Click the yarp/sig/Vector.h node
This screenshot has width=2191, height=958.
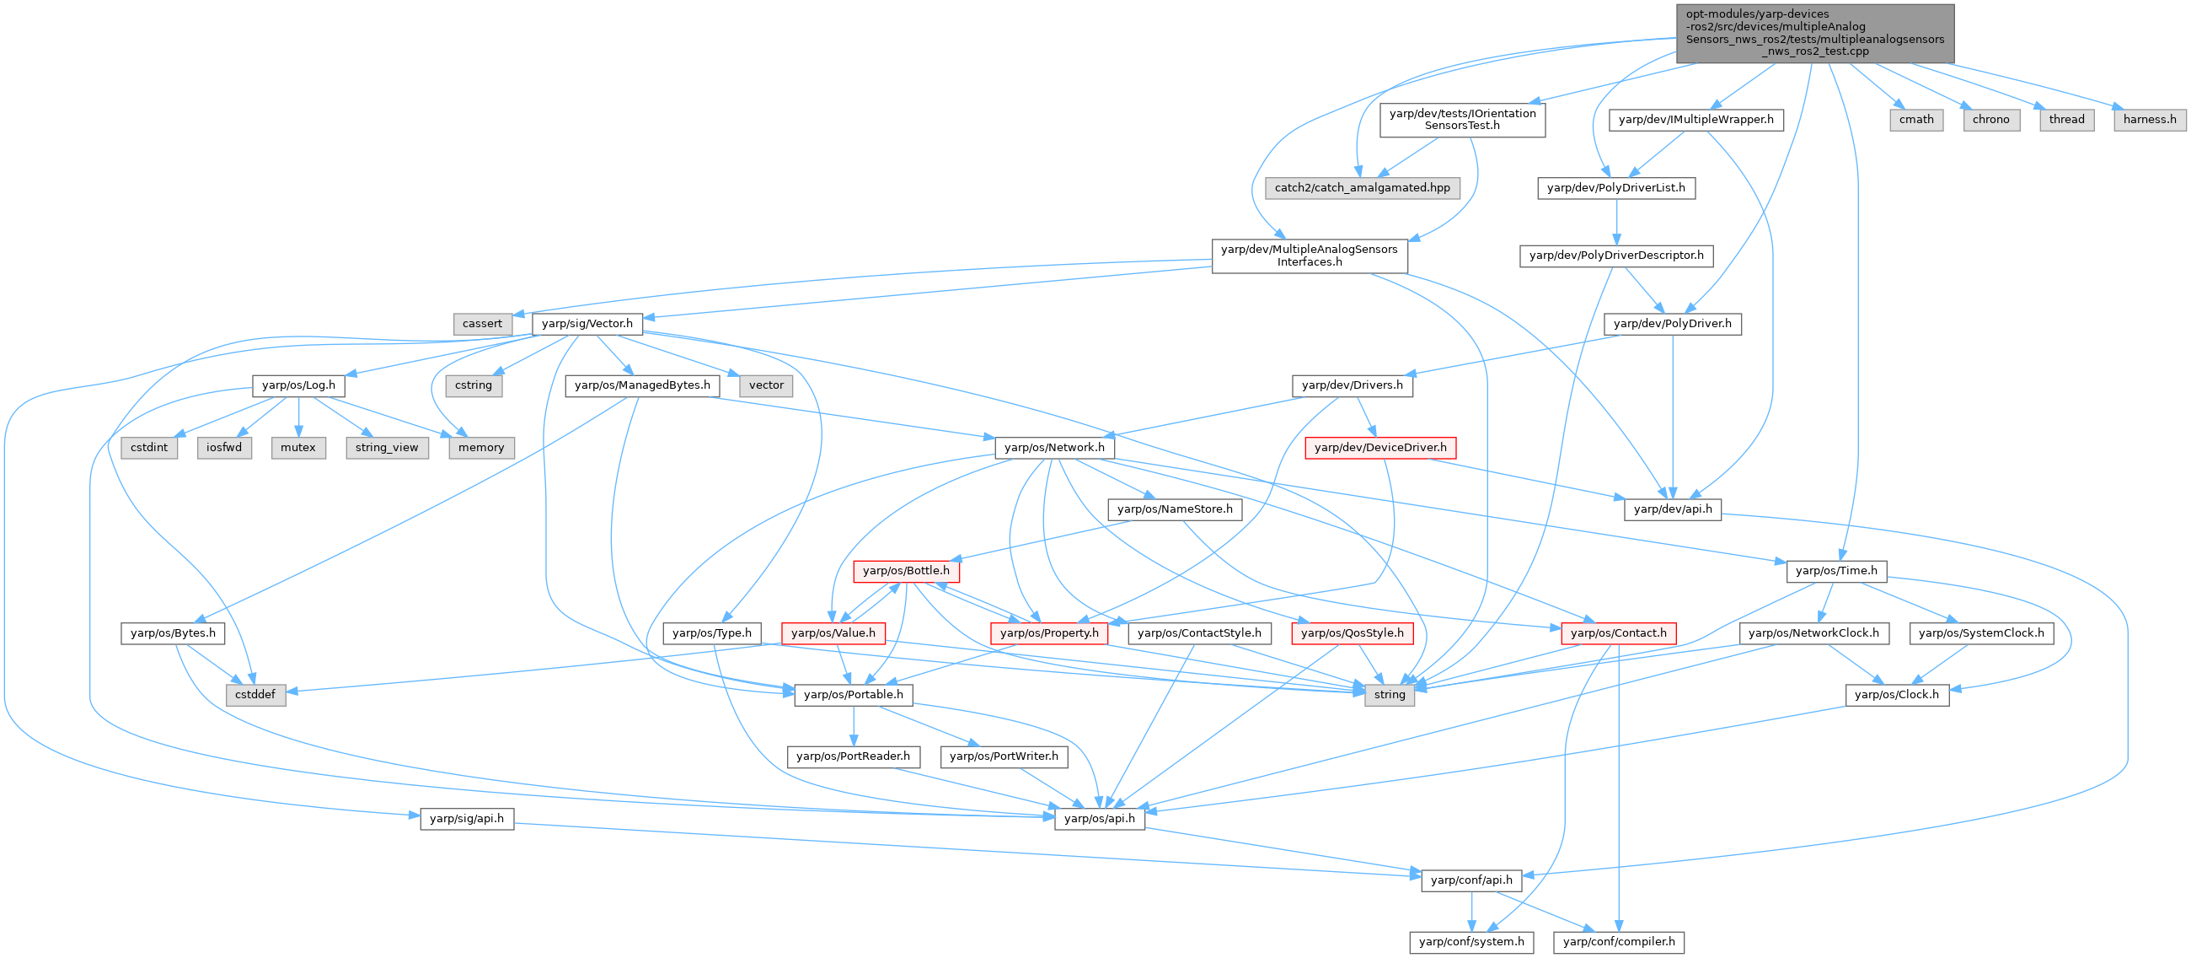point(587,323)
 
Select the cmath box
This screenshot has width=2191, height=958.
point(1916,119)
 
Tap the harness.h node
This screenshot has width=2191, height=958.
point(2150,119)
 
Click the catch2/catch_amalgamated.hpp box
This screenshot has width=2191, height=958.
point(1362,187)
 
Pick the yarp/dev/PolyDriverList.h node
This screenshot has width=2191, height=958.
point(1615,187)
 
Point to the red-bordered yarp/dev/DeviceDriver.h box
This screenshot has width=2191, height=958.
point(1379,448)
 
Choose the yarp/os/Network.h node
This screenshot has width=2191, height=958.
point(1054,448)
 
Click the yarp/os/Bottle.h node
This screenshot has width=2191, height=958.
point(906,571)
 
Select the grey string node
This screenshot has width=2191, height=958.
point(1389,694)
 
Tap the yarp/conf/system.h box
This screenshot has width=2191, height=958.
point(1471,942)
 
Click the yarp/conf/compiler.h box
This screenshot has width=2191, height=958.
point(1619,942)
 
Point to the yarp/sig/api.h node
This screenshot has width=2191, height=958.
point(466,819)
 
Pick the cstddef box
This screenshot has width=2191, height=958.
point(255,694)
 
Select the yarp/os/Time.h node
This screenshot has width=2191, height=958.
point(1835,571)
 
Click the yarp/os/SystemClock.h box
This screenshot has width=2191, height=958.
point(1981,633)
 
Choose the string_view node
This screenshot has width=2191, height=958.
point(386,448)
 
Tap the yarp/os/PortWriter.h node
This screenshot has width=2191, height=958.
point(1004,756)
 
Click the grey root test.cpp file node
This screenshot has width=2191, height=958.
point(1814,33)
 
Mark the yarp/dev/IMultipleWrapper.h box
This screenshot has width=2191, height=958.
point(1696,119)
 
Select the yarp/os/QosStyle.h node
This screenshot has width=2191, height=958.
point(1352,633)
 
